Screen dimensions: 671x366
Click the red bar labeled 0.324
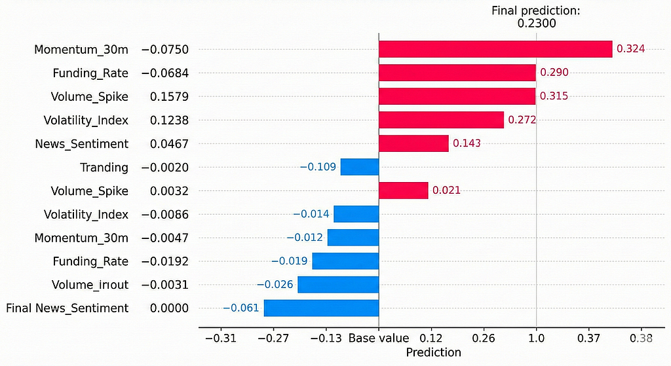(495, 49)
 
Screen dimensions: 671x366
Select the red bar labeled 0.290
(457, 73)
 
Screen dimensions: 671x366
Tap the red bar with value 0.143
(413, 143)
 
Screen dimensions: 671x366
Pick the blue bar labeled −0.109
(360, 167)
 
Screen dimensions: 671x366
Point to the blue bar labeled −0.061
(321, 308)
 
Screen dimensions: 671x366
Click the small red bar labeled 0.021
(403, 191)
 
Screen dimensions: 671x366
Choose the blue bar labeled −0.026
(338, 284)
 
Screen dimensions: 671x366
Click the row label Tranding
(104, 168)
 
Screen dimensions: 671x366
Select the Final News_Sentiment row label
(67, 308)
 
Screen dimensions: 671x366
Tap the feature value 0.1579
(169, 97)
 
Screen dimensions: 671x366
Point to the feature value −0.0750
(164, 50)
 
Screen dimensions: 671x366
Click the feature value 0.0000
(169, 308)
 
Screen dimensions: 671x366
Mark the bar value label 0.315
(554, 96)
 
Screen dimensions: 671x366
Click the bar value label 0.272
(522, 120)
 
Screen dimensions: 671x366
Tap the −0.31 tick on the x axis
(221, 339)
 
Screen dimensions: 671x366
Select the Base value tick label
(379, 339)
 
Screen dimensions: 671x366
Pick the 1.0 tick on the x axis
(536, 339)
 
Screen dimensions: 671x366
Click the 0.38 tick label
(641, 339)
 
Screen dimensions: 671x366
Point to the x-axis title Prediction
(434, 352)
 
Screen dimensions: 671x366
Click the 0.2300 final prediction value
(537, 23)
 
